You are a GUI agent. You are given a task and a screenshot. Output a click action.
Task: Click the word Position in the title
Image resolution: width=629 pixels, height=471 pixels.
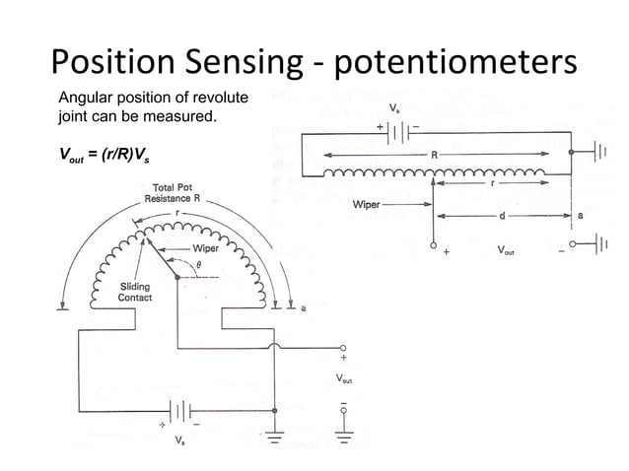[x=117, y=61]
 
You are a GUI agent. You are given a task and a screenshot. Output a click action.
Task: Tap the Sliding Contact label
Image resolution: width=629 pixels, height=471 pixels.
[x=134, y=292]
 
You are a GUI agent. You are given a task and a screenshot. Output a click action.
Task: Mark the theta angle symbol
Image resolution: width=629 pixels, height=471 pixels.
[x=201, y=266]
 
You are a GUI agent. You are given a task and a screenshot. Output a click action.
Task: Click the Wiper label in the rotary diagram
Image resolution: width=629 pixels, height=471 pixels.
[x=205, y=248]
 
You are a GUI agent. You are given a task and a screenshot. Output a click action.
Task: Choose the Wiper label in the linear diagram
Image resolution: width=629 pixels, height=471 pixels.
[x=369, y=205]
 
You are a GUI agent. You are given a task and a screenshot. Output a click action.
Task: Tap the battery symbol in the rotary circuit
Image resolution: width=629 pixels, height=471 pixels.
[x=180, y=410]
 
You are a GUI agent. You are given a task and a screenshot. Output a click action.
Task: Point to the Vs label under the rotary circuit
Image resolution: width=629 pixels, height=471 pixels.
[x=178, y=442]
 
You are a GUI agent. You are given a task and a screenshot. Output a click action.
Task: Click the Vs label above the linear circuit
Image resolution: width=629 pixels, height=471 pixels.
[x=394, y=106]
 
